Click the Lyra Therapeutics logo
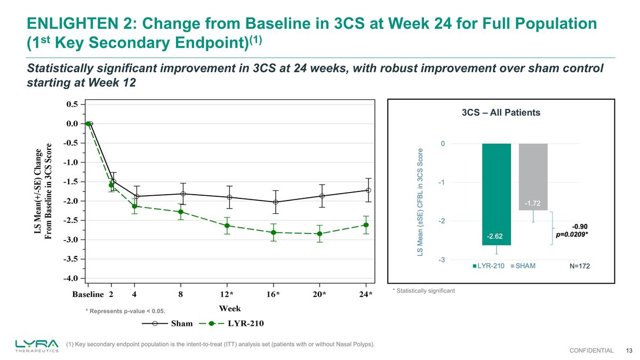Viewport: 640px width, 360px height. tap(37, 346)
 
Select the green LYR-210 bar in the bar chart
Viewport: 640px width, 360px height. tap(496, 192)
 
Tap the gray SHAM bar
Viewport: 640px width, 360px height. tap(533, 176)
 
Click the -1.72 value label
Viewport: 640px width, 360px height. tap(533, 203)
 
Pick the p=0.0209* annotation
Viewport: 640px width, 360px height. tap(572, 234)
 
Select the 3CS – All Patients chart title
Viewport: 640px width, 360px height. tap(500, 113)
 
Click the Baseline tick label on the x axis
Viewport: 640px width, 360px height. tap(88, 294)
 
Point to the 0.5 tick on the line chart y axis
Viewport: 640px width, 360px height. tap(72, 104)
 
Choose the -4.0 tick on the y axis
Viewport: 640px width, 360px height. tap(71, 278)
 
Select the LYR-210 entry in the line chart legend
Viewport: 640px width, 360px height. tap(245, 323)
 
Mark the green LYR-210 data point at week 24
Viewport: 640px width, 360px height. tap(366, 225)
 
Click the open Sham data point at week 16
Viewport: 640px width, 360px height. tap(275, 202)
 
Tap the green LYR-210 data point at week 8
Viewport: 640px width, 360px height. tap(181, 212)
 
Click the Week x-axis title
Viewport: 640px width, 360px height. tap(229, 309)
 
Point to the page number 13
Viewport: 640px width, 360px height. tap(629, 350)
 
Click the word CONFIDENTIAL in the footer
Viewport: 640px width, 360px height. tap(591, 350)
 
